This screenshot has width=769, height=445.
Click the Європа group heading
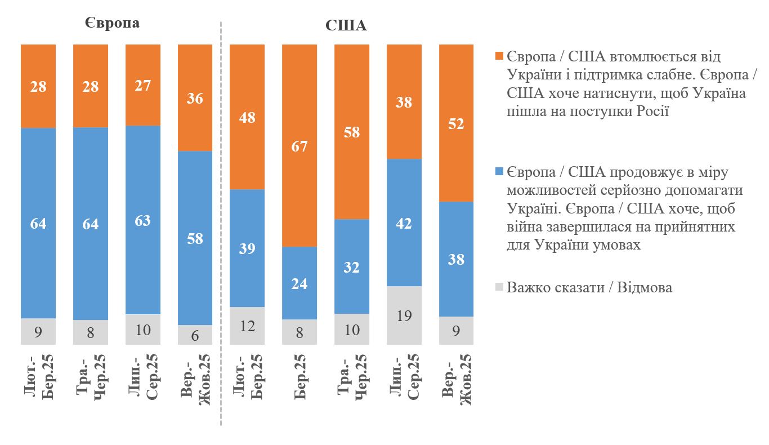point(112,24)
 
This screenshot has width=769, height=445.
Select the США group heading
point(346,25)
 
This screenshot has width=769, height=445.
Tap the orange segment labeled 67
point(299,145)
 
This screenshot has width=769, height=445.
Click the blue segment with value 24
point(299,283)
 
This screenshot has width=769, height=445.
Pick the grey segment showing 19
point(404,315)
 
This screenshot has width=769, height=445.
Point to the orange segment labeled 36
point(195,97)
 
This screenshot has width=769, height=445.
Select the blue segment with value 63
point(143,220)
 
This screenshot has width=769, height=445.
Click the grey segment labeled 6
point(195,334)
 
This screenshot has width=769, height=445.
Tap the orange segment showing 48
point(247,117)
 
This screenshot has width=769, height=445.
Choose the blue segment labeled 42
point(404,223)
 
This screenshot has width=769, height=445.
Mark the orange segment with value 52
point(457,123)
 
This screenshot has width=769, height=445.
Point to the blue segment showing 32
point(352,266)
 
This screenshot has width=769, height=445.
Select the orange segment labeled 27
point(143,85)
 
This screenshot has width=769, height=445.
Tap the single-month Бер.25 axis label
point(299,376)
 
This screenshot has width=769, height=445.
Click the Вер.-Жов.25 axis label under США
point(457,379)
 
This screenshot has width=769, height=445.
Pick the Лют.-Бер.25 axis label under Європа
point(38,379)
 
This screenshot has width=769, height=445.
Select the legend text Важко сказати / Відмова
point(589,287)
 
